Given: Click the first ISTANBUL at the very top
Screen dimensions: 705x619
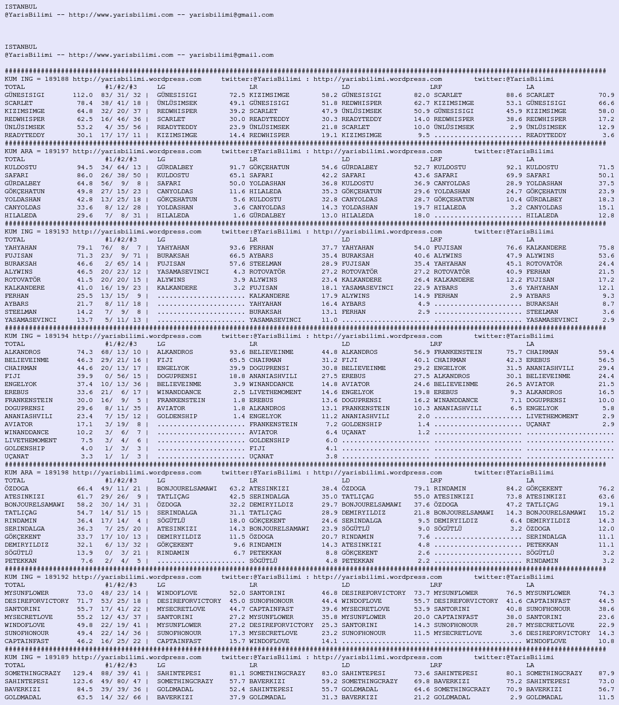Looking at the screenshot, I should coord(21,7).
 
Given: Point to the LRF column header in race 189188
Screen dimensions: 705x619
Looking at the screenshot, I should coord(436,87).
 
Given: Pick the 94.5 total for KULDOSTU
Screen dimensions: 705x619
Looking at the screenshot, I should coord(85,168).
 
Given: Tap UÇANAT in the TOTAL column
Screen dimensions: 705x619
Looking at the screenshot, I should coord(17,457).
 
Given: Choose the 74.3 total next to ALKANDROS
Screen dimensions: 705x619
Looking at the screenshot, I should coord(85,352).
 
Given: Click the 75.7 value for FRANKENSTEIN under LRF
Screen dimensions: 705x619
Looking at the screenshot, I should coord(514,352).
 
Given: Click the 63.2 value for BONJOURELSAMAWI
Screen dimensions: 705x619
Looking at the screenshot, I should coord(237,489).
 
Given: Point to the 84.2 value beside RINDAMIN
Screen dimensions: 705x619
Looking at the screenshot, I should coord(514,489).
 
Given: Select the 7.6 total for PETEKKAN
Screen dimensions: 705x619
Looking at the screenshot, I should coord(87,561).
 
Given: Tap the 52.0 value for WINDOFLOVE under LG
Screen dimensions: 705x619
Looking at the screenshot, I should coord(237,593).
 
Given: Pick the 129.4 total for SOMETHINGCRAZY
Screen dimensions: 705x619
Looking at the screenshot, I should coord(83,673).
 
